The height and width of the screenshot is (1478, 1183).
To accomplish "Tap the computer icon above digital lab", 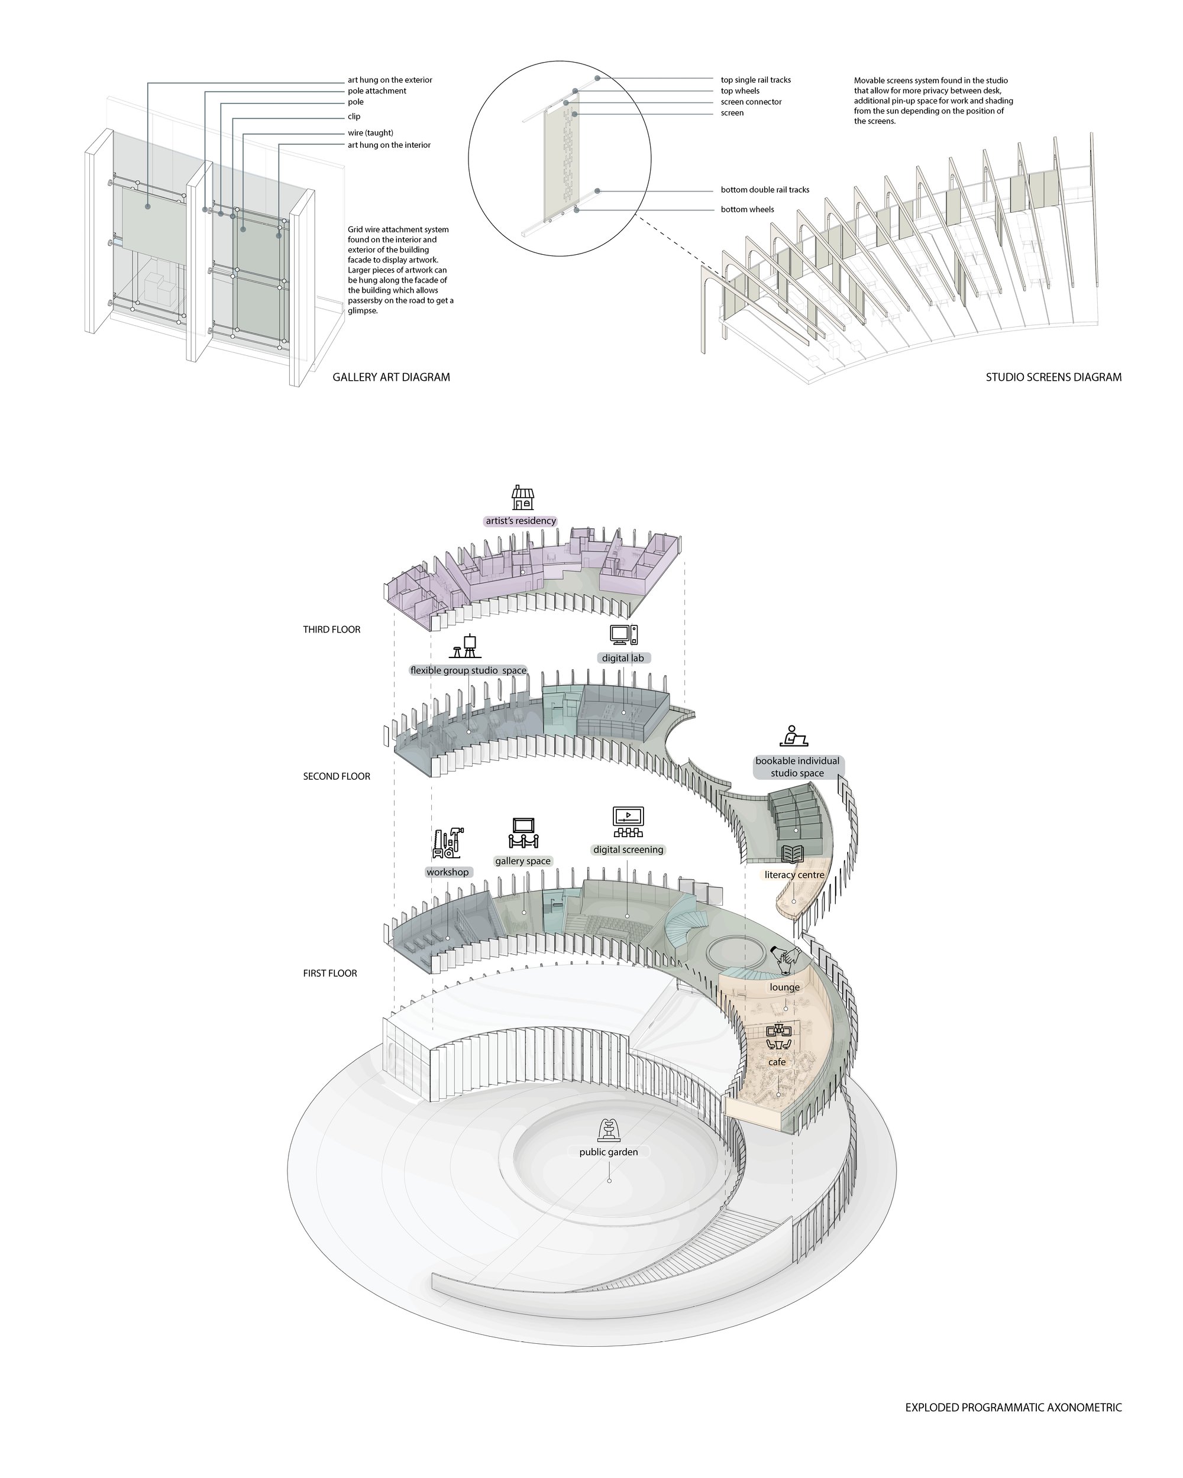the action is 623,634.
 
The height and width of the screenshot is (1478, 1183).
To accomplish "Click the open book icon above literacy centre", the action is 794,854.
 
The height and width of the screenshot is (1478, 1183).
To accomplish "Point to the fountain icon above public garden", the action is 608,1129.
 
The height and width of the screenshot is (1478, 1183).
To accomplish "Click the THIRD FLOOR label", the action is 332,629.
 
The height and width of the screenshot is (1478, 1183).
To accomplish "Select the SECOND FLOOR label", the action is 337,776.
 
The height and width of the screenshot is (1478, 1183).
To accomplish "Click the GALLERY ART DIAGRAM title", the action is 392,377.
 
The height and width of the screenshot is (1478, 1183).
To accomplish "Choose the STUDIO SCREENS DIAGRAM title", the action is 1053,377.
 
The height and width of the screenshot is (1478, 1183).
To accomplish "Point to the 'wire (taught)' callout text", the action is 370,133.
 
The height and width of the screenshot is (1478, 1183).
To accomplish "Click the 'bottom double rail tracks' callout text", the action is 765,190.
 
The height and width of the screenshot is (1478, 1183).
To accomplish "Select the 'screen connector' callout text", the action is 751,102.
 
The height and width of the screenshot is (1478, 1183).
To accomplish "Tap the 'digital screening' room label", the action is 628,850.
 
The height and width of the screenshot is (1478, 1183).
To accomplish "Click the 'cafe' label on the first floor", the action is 777,1062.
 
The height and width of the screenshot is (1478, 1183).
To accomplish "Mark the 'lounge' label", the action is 784,987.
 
